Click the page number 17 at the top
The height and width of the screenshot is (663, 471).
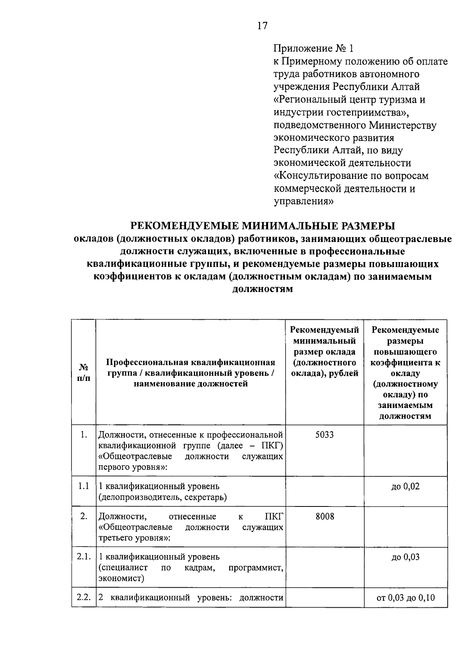(x=262, y=26)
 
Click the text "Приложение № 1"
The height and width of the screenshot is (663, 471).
(x=313, y=48)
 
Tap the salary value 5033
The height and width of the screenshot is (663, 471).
(x=325, y=435)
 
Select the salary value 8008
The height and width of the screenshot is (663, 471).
(x=325, y=516)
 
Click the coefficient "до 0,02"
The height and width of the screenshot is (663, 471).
(x=405, y=486)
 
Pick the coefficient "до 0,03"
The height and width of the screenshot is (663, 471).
(x=405, y=557)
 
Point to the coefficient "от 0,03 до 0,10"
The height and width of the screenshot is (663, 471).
(x=405, y=598)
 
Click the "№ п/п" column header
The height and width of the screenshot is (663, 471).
(x=84, y=373)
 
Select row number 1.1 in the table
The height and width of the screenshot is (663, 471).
(x=84, y=486)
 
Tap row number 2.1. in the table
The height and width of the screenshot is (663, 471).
(x=84, y=557)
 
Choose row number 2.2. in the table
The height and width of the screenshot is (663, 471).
(x=84, y=597)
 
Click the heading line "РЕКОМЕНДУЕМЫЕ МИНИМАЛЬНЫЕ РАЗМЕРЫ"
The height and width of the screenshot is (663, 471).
(x=263, y=226)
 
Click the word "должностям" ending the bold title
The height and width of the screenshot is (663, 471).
(x=263, y=290)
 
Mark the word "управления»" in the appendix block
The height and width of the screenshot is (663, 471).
(x=303, y=201)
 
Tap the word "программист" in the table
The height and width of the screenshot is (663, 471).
(x=256, y=568)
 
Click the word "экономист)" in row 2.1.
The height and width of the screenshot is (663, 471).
(x=121, y=578)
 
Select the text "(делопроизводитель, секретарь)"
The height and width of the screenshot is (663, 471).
(x=162, y=497)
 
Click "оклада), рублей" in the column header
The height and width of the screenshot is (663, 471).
(x=325, y=373)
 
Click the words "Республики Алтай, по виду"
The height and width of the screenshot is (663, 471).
(x=338, y=150)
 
